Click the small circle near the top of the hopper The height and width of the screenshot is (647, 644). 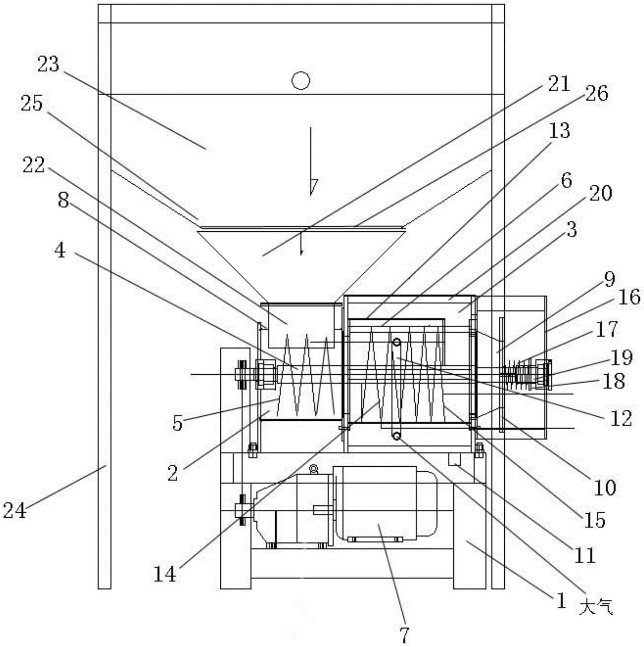300,80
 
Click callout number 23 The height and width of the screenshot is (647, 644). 48,64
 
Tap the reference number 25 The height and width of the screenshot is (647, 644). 32,103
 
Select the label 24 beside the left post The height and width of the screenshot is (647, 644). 15,510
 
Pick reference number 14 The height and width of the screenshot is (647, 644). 165,574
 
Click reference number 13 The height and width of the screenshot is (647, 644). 559,130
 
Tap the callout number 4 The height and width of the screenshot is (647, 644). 60,250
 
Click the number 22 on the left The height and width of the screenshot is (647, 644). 34,165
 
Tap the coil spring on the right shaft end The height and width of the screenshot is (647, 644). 519,374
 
